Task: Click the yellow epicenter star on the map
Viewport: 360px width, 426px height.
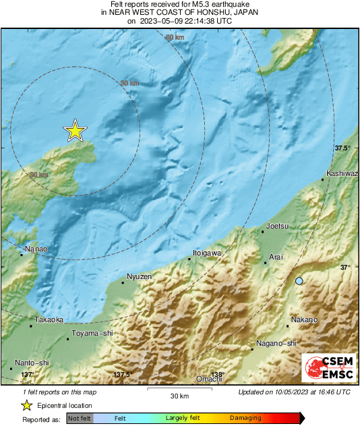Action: pos(75,131)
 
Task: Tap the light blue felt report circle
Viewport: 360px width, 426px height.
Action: pos(299,280)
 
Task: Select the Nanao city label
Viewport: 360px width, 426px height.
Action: pos(35,249)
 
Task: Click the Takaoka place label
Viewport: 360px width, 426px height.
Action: pos(50,320)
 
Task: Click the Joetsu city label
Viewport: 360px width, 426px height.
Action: pos(278,226)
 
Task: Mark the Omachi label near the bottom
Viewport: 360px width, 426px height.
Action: pos(209,379)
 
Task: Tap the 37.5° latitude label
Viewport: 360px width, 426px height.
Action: pos(342,148)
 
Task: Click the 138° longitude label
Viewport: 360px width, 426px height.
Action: pos(216,374)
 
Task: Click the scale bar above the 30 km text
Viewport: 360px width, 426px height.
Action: pos(179,388)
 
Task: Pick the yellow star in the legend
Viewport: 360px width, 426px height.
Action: pos(26,405)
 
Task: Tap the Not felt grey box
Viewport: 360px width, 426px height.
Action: pos(80,419)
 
